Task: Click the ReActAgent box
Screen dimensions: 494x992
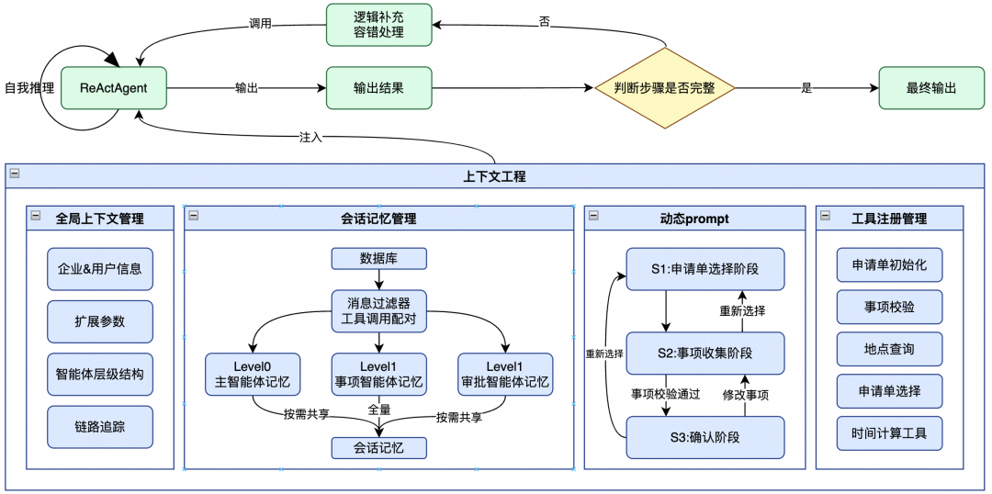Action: pyautogui.click(x=114, y=89)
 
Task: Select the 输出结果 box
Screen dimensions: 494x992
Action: pyautogui.click(x=378, y=89)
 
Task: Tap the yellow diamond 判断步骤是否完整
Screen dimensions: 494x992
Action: pyautogui.click(x=665, y=89)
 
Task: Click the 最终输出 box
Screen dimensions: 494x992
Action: pyautogui.click(x=930, y=89)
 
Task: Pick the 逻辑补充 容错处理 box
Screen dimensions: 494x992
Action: pyautogui.click(x=378, y=25)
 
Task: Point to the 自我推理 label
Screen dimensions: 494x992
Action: pyautogui.click(x=28, y=89)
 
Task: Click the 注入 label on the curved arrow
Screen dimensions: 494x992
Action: pyautogui.click(x=310, y=137)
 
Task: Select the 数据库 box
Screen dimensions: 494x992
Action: pyautogui.click(x=378, y=257)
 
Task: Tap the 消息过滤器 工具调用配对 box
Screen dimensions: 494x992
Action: pyautogui.click(x=378, y=309)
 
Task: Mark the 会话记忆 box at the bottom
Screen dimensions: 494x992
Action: pyautogui.click(x=378, y=448)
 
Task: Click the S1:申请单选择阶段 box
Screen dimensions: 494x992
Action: pyautogui.click(x=705, y=271)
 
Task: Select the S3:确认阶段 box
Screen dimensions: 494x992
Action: pyautogui.click(x=705, y=437)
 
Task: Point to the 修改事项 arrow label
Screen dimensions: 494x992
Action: pyautogui.click(x=745, y=395)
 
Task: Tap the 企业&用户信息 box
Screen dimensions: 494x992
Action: pyautogui.click(x=100, y=269)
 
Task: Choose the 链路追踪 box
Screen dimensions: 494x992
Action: pyautogui.click(x=100, y=427)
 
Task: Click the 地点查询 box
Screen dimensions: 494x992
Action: pyautogui.click(x=889, y=349)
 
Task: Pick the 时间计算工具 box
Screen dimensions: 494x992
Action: pyautogui.click(x=889, y=432)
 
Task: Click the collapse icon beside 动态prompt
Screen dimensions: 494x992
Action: pyautogui.click(x=594, y=216)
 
